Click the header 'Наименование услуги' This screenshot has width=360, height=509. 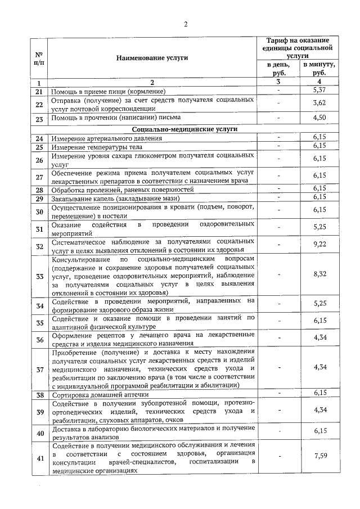tap(152, 57)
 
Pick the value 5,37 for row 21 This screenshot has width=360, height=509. tap(319, 90)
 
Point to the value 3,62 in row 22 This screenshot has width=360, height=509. tap(319, 103)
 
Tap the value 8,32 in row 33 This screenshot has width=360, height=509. tap(319, 274)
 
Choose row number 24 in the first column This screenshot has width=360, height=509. tap(39, 138)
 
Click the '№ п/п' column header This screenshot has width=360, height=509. tap(39, 58)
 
